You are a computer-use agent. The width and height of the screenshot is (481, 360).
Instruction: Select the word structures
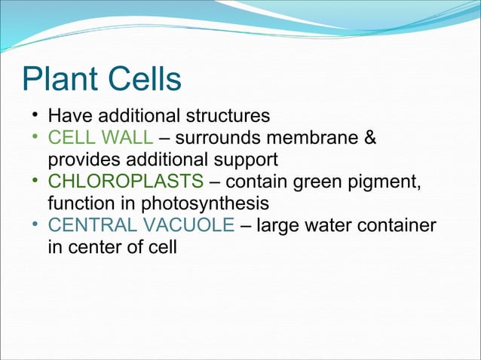coord(225,117)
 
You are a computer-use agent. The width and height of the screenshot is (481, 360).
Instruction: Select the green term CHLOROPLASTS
coord(125,182)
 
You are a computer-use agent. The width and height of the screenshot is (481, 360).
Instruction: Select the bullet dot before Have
coord(35,117)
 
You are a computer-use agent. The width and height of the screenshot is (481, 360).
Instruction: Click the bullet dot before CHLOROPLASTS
coord(35,182)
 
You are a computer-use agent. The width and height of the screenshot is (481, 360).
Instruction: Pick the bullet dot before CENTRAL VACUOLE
coord(35,225)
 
